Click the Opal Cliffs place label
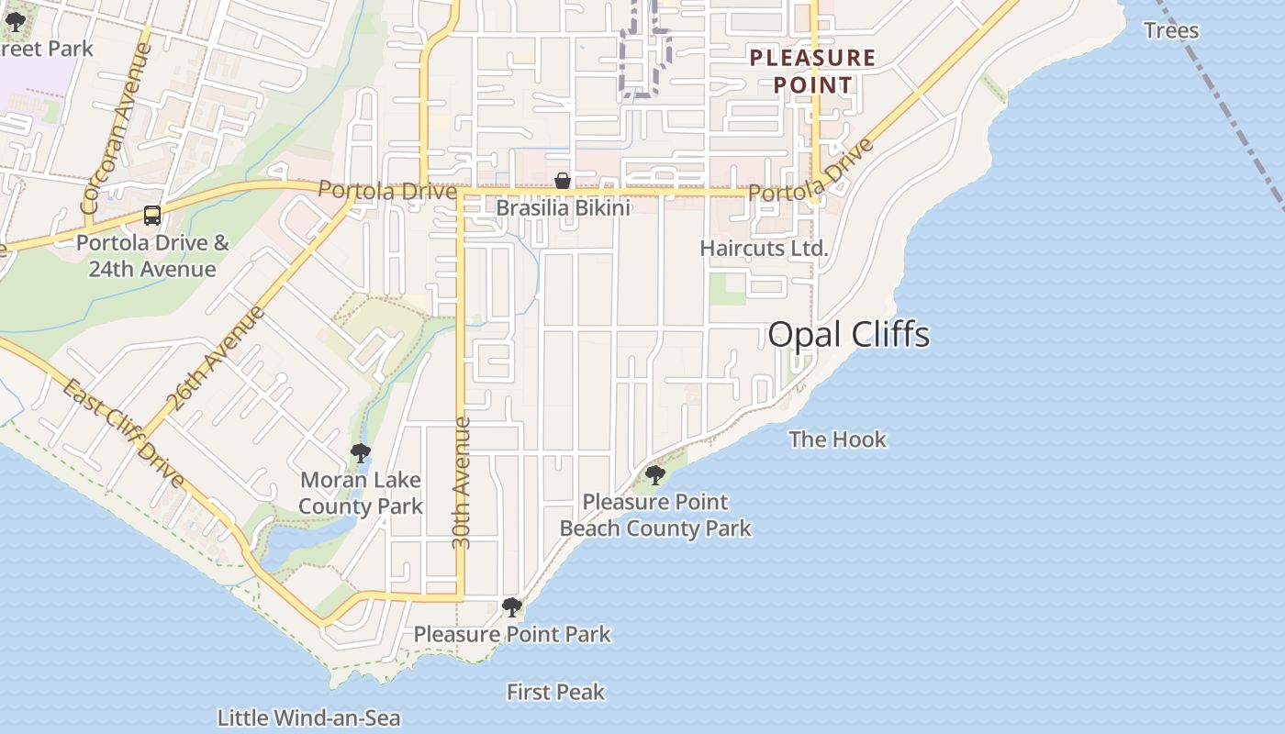click(x=848, y=334)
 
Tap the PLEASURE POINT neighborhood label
click(x=812, y=72)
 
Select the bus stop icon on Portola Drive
click(x=152, y=216)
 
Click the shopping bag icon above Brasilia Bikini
click(x=563, y=182)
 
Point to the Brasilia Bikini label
click(x=563, y=209)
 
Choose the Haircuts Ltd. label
click(x=764, y=249)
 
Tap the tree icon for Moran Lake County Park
click(x=361, y=453)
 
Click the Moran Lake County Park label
click(x=361, y=493)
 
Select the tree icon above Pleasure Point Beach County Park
click(x=655, y=475)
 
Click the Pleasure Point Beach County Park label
click(x=655, y=516)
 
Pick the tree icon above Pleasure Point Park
click(x=512, y=607)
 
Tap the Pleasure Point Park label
click(x=512, y=635)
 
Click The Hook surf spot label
click(x=837, y=439)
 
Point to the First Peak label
click(x=555, y=692)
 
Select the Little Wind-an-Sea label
click(x=309, y=717)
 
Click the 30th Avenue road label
click(x=462, y=484)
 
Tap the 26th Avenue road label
click(x=216, y=358)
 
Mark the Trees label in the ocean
click(x=1171, y=30)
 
